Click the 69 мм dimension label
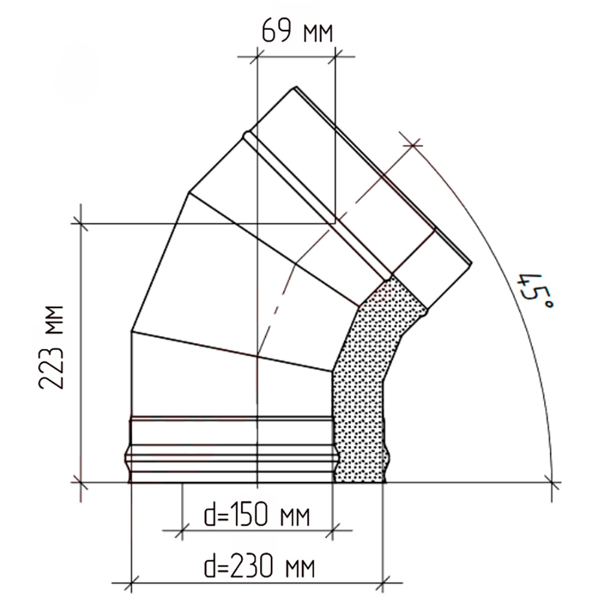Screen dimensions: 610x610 (297, 30)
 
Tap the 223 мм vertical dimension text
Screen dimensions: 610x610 (51, 347)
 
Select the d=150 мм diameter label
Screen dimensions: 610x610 (257, 516)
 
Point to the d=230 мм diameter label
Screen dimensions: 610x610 (259, 567)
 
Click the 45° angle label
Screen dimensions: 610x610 (534, 291)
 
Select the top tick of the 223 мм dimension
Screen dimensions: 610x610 (81, 223)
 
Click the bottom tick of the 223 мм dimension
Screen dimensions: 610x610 (81, 483)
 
